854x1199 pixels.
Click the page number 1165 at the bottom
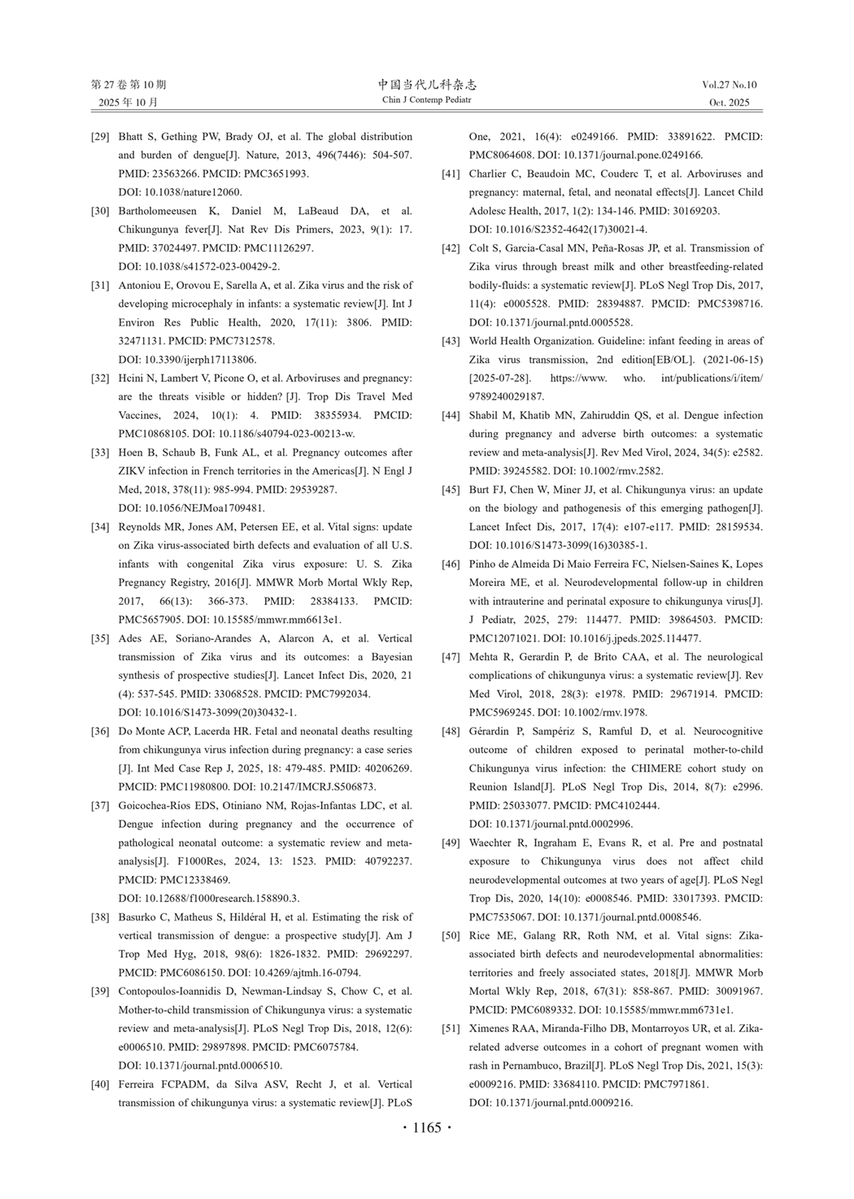[427, 1127]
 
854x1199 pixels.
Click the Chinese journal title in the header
[427, 85]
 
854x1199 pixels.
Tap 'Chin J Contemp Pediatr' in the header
[427, 100]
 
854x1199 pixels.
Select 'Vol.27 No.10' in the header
[729, 85]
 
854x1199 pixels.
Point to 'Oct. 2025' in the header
[729, 103]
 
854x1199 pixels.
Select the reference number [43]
[451, 341]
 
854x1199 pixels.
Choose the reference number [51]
[451, 1029]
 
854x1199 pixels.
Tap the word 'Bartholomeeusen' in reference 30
[158, 211]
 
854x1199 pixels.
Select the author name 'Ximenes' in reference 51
[492, 1029]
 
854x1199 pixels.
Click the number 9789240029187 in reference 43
[507, 396]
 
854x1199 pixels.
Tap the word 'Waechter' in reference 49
[493, 842]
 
